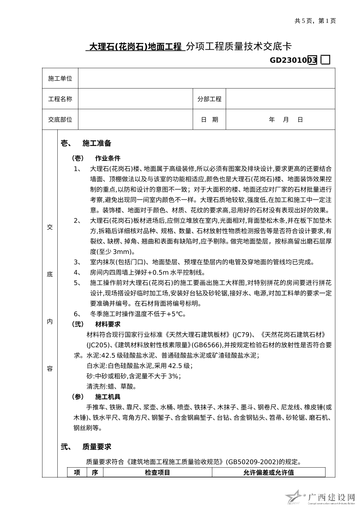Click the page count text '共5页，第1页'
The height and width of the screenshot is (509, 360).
(315, 21)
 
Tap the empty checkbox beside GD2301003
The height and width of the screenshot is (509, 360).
(326, 60)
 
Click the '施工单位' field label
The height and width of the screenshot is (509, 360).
(60, 78)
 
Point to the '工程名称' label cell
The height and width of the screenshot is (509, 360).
(60, 99)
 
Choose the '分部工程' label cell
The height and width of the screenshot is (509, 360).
(209, 99)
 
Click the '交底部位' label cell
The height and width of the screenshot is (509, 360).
(60, 120)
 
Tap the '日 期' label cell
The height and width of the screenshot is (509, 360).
(209, 120)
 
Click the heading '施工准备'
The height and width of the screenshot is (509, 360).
(97, 143)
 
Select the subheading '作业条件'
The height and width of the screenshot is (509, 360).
(108, 158)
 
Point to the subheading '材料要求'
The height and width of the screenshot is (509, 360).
(108, 324)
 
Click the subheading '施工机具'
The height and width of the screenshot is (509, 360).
(108, 397)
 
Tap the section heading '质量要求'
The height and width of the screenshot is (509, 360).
(97, 447)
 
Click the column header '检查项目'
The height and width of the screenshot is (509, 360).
(157, 472)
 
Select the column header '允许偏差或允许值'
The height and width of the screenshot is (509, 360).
(269, 472)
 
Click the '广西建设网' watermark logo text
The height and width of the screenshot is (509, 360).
(331, 497)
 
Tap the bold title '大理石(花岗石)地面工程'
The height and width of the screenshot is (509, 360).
(135, 47)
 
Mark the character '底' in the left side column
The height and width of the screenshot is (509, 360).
(50, 274)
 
